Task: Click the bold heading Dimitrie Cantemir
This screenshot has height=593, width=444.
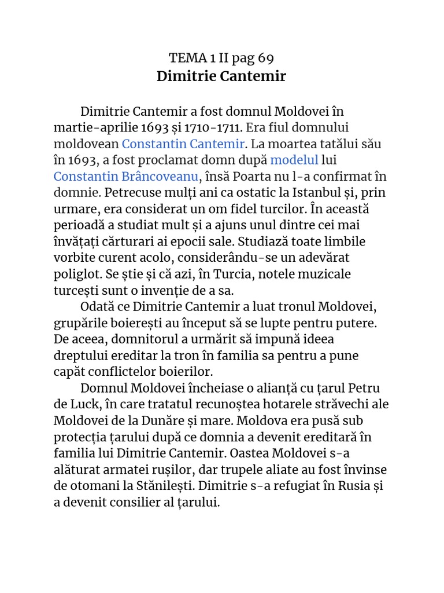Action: [221, 76]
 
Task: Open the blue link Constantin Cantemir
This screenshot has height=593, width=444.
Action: [183, 143]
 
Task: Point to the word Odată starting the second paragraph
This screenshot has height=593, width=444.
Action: [99, 306]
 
